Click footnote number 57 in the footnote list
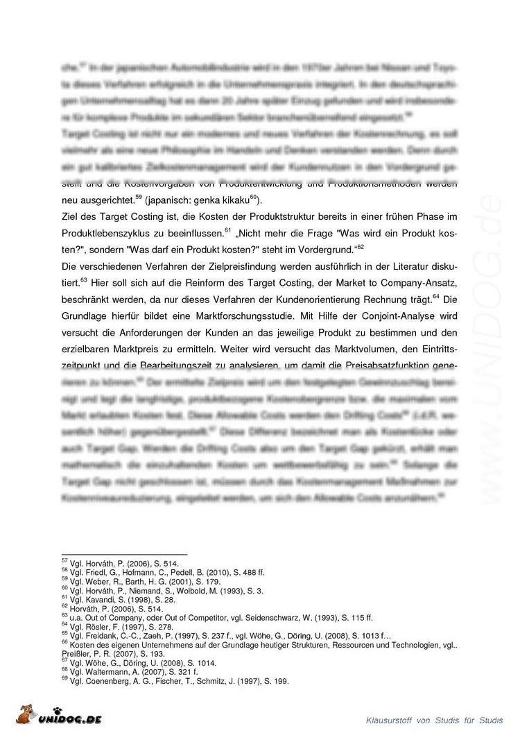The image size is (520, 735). coord(64,559)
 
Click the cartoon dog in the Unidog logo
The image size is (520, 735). coord(28,715)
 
